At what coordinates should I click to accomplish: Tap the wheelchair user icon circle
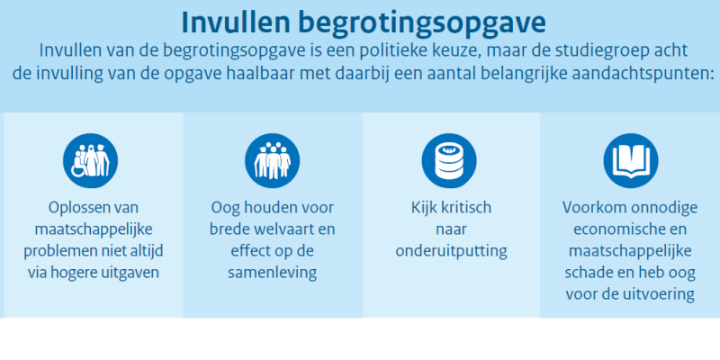tap(91, 161)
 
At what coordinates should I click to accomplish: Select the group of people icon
tap(273, 161)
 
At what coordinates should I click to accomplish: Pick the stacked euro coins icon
tap(449, 161)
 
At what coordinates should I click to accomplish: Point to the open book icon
tap(631, 161)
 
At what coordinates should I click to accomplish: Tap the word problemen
tap(54, 252)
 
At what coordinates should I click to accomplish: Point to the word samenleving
tap(273, 273)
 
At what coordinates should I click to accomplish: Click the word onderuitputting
tap(452, 251)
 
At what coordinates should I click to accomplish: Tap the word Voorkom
tap(594, 208)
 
